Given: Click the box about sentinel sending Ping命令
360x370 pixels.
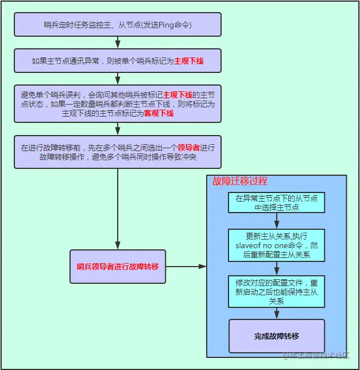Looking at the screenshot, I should pos(117,25).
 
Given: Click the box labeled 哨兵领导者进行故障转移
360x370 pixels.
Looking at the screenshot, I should pos(118,267).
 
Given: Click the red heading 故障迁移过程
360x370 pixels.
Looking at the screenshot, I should pos(239,181).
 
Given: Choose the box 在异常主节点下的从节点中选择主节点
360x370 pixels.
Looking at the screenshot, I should pos(276,202).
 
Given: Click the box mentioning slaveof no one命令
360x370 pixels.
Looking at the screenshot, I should pos(276,245).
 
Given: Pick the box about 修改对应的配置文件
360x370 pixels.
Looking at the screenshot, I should pos(276,292).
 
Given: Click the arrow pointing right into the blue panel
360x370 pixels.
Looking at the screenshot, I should pos(186,267).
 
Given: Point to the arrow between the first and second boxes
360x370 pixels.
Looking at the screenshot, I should pos(118,43).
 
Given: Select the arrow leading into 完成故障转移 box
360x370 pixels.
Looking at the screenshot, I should pos(276,314).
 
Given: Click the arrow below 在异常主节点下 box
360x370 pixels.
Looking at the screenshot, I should pos(276,221).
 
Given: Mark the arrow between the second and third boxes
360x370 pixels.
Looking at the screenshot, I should pos(118,79).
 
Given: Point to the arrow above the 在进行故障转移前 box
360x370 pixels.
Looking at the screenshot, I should pos(118,129).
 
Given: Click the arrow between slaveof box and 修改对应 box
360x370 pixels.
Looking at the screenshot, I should pos(276,269).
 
